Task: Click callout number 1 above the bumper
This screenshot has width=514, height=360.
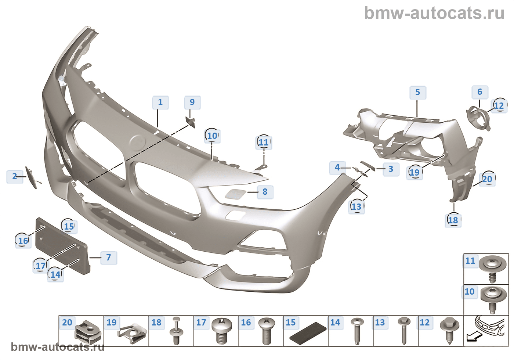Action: [x=160, y=102]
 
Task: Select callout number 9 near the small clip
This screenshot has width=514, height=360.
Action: [x=192, y=102]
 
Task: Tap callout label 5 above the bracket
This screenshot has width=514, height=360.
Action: [x=417, y=92]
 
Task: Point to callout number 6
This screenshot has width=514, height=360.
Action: [x=479, y=92]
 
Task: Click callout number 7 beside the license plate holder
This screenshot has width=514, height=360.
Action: [x=108, y=258]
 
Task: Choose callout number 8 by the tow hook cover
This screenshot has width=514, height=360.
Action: [x=265, y=191]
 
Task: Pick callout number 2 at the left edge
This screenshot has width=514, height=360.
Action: [x=14, y=176]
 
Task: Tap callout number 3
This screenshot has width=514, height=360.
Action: [x=391, y=169]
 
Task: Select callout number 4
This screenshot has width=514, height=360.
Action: [x=337, y=168]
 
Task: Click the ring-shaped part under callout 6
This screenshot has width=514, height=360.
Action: [x=478, y=118]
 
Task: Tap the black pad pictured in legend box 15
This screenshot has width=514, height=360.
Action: [x=308, y=332]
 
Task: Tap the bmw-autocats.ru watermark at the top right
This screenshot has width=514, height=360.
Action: [x=434, y=13]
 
